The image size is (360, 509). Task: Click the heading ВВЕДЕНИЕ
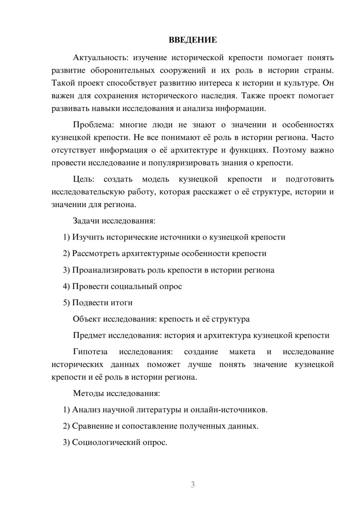point(193,40)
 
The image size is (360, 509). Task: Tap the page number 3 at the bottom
point(193,485)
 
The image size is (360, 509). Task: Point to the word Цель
point(84,179)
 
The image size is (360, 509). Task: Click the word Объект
point(87,319)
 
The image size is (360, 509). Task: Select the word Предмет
point(90,335)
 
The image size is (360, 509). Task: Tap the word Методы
point(89,393)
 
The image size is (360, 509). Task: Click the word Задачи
point(86,221)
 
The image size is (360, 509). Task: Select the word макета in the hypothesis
point(242,352)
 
